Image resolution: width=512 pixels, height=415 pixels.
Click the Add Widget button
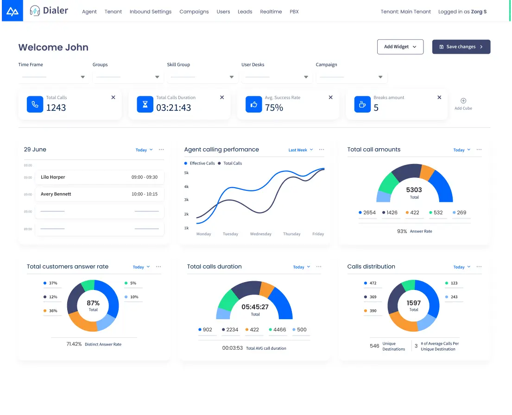400,47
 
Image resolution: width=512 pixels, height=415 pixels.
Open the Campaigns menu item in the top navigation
194,12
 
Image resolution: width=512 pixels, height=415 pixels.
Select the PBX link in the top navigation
294,12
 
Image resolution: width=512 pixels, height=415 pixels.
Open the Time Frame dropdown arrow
83,77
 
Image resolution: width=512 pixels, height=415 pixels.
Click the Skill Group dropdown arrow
232,77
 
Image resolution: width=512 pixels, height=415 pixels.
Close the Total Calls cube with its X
114,97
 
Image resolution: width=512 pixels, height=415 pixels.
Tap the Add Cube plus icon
463,101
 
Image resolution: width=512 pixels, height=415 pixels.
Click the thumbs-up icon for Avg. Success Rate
253,105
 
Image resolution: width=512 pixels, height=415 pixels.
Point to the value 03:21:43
173,107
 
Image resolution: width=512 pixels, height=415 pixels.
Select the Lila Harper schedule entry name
53,177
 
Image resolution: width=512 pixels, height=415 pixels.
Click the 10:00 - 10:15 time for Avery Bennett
144,194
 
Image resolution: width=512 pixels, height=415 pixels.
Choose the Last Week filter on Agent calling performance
298,150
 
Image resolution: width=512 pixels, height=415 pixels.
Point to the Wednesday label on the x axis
261,234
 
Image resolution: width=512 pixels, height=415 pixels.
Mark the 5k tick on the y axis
186,173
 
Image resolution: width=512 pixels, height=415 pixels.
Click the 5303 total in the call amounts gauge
414,190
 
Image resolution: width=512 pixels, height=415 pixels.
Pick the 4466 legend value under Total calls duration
279,330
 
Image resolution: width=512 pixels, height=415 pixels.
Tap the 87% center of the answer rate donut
93,303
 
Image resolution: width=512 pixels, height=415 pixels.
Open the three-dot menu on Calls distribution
479,267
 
